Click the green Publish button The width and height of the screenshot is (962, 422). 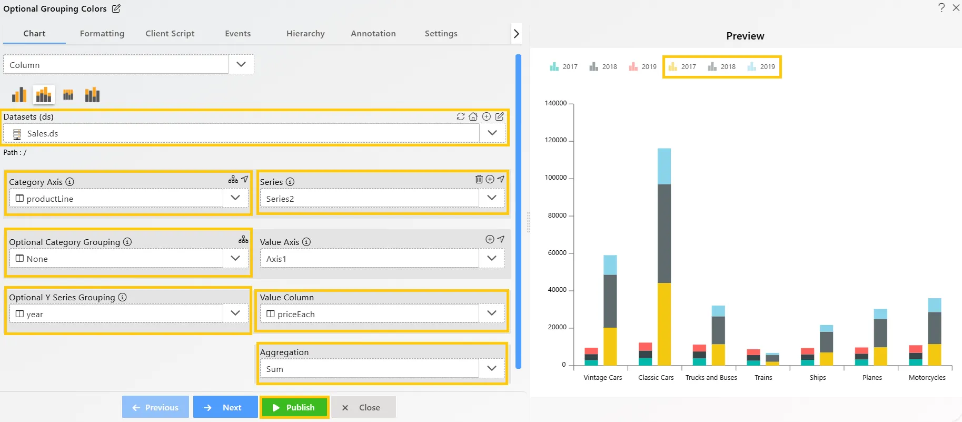tap(294, 407)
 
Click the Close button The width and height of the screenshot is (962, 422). tap(363, 407)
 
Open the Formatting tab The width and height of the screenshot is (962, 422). tap(102, 33)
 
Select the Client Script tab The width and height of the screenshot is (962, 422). tap(170, 33)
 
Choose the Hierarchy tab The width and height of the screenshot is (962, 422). tap(305, 33)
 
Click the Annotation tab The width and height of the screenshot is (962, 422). tap(373, 33)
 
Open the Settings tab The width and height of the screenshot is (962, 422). tap(441, 33)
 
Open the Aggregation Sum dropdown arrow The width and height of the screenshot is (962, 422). tap(492, 368)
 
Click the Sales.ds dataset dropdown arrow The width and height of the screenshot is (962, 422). tap(492, 133)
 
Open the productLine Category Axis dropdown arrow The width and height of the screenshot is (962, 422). tap(235, 198)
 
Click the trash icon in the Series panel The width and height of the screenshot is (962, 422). tap(479, 179)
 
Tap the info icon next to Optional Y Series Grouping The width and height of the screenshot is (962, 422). tap(122, 297)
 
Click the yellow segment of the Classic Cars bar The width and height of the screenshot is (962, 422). tap(664, 324)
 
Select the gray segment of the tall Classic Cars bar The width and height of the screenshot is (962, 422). tap(664, 233)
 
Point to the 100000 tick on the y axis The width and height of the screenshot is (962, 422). tap(556, 178)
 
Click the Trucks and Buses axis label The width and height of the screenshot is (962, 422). tap(711, 378)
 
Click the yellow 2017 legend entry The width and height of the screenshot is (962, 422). tap(682, 67)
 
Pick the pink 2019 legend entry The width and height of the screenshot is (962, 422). tap(643, 67)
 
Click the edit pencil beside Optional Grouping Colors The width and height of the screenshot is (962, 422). tap(116, 8)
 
